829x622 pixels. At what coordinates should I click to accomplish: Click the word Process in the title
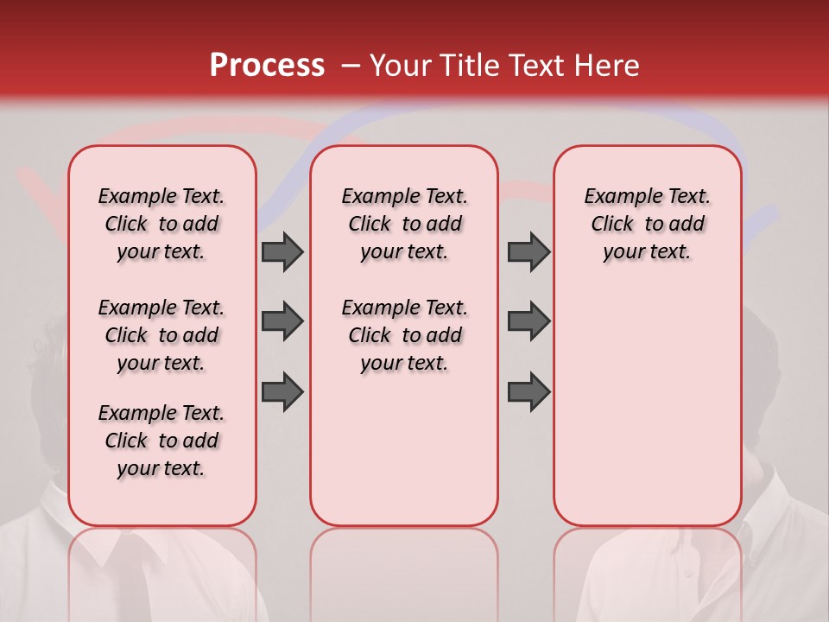[266, 66]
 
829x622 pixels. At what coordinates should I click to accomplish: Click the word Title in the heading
[465, 66]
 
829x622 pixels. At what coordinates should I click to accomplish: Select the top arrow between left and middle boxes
[282, 251]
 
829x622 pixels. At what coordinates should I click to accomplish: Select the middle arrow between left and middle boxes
[282, 321]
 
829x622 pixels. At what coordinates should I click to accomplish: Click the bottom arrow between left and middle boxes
[282, 391]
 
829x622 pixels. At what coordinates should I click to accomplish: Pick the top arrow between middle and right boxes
[528, 251]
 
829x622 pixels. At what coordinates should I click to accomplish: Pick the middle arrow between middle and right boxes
[528, 321]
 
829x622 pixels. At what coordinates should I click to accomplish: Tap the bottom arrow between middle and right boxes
[528, 391]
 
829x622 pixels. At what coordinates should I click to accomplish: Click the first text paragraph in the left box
[161, 224]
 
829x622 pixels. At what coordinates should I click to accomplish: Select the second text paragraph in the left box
[161, 335]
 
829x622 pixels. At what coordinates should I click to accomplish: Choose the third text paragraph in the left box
[161, 441]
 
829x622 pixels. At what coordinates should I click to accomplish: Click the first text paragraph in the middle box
[404, 224]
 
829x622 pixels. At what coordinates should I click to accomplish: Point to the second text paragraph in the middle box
[404, 335]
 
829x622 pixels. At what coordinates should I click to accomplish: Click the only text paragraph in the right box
[647, 224]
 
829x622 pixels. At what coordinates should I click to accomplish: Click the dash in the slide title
[350, 67]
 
